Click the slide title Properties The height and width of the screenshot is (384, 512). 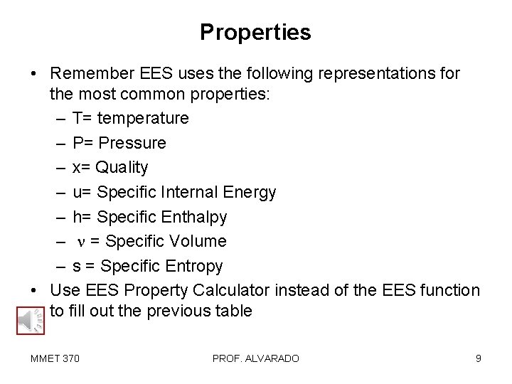pyautogui.click(x=255, y=32)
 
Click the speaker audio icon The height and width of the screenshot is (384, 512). pyautogui.click(x=26, y=321)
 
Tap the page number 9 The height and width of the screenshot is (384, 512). pyautogui.click(x=479, y=358)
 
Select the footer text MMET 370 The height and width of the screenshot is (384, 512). pyautogui.click(x=55, y=358)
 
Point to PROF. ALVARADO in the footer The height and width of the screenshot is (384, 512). pyautogui.click(x=255, y=358)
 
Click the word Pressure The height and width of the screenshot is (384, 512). pyautogui.click(x=132, y=143)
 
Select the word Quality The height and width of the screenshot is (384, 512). pyautogui.click(x=122, y=167)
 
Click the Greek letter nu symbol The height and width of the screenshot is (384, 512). pyautogui.click(x=80, y=242)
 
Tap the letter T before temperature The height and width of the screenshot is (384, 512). pyautogui.click(x=76, y=118)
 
